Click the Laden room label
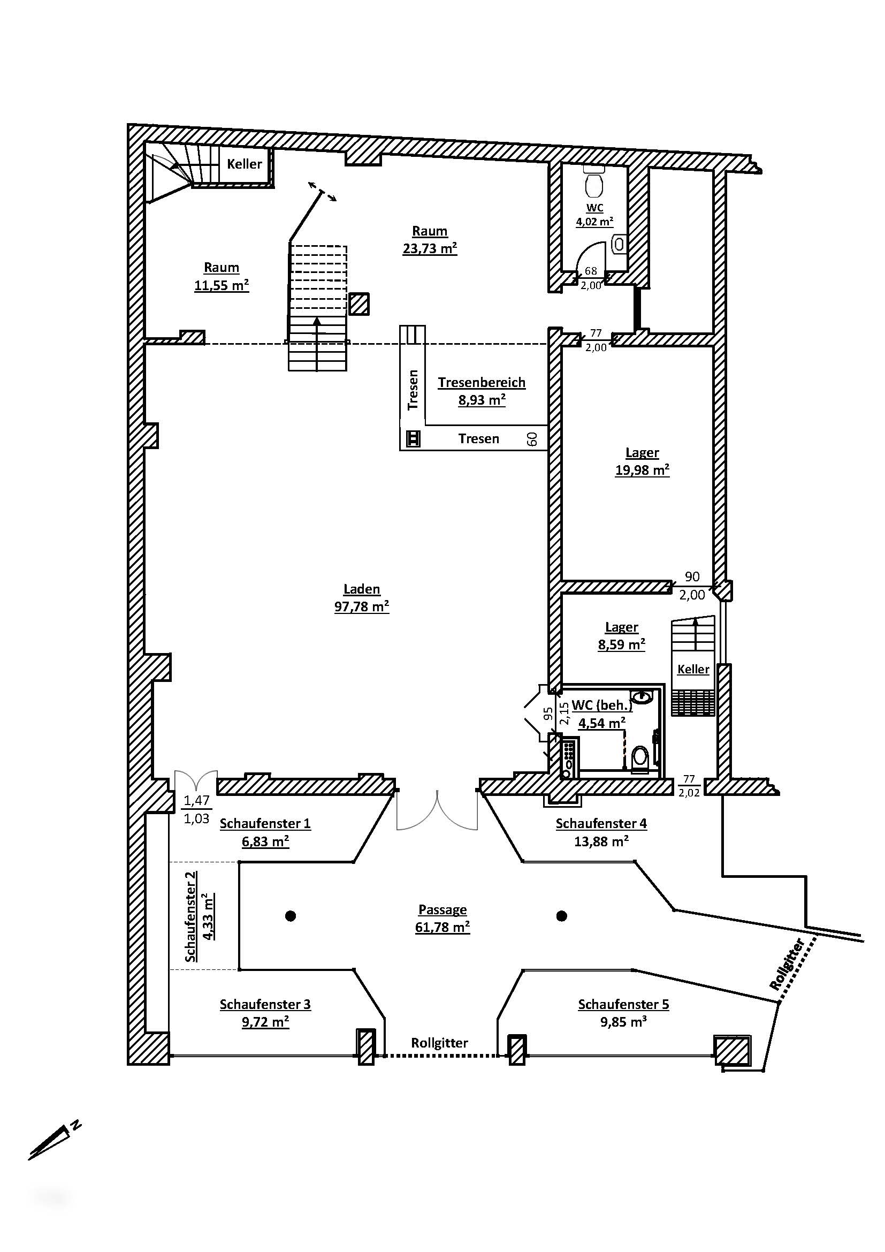tap(361, 589)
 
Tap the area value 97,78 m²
tap(361, 606)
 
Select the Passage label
tap(442, 909)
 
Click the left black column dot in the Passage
tap(291, 915)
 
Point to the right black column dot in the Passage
tap(562, 915)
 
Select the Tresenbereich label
tap(481, 382)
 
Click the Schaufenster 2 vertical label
tap(190, 916)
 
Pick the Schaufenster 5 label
tap(623, 1004)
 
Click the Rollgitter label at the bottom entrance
tap(439, 1043)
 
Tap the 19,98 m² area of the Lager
tap(642, 469)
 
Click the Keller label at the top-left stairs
tap(244, 164)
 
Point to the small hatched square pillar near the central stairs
tap(358, 304)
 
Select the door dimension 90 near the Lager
tap(691, 576)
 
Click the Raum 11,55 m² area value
tap(222, 285)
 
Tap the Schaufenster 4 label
tap(600, 823)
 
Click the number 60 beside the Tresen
tap(532, 438)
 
